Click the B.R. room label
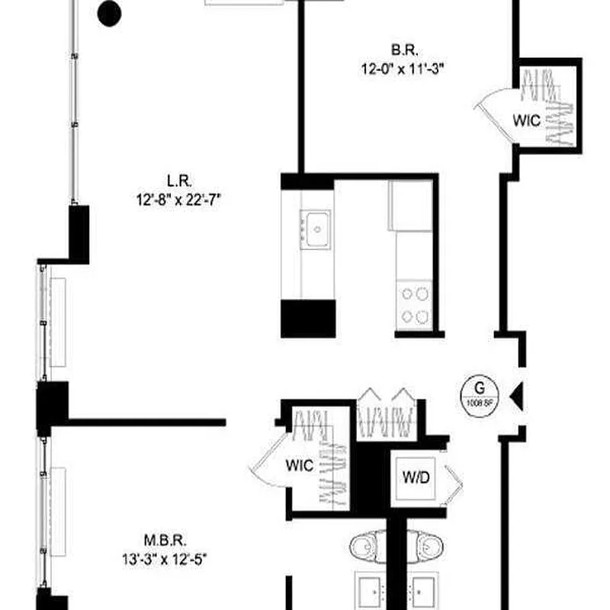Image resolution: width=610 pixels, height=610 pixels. click(x=403, y=51)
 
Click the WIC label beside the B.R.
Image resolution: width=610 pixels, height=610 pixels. click(x=526, y=120)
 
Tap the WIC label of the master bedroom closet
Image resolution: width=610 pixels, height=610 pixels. click(x=299, y=466)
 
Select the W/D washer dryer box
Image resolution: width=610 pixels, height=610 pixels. click(x=416, y=478)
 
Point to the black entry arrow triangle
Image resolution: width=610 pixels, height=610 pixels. click(x=516, y=395)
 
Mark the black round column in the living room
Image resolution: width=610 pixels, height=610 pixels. click(x=111, y=12)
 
